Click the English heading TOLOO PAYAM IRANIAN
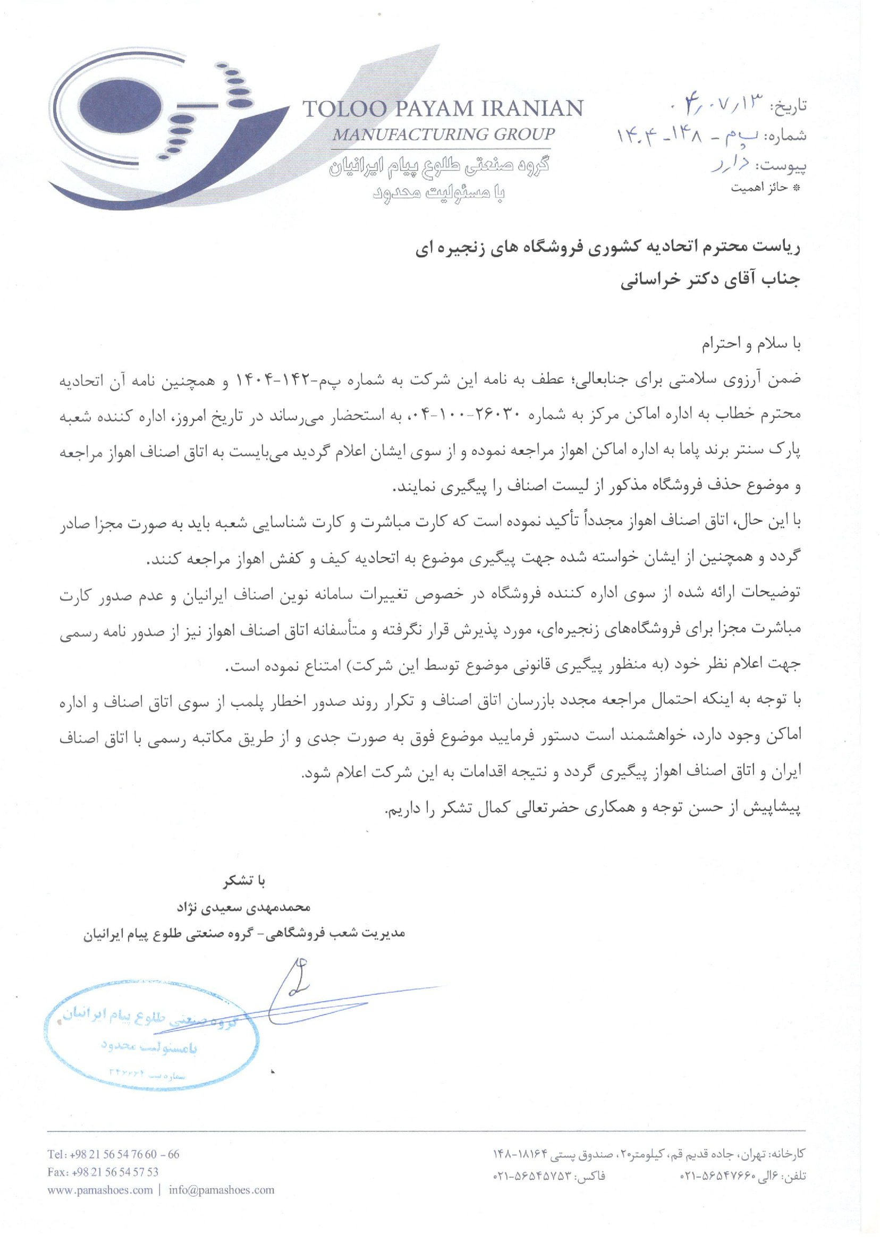442,109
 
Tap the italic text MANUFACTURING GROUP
443,134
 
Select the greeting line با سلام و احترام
751,344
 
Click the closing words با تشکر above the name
244,881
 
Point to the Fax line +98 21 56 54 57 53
103,1172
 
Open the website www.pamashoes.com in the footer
100,1190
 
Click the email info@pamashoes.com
221,1190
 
